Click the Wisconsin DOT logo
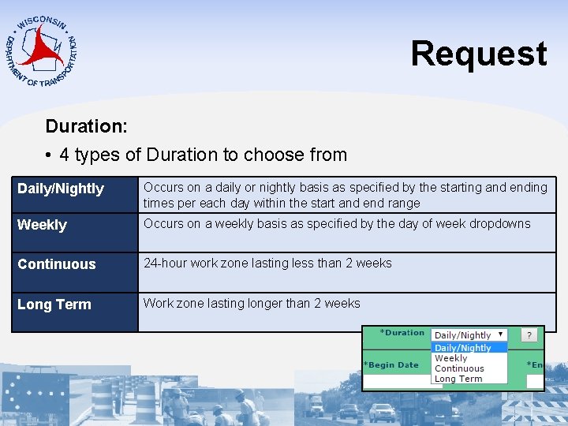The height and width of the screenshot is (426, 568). (41, 49)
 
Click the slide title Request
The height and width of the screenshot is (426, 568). (478, 54)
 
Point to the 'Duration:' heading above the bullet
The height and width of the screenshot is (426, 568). (87, 126)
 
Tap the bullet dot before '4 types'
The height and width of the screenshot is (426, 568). (49, 155)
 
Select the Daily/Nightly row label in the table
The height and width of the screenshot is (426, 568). (61, 189)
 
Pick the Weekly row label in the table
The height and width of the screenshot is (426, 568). (43, 225)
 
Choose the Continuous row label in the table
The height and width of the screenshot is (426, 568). (57, 264)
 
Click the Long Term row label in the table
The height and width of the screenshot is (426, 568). (54, 305)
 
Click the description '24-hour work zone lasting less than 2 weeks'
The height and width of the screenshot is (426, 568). (267, 263)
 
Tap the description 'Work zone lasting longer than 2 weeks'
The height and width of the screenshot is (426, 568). (252, 304)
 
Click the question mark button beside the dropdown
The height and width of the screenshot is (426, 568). (529, 335)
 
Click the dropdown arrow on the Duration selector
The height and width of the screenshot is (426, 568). (500, 334)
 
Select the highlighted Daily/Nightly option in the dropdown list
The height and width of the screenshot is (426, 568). (463, 348)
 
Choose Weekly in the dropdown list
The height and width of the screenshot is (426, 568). (451, 358)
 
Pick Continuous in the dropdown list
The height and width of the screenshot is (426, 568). (459, 368)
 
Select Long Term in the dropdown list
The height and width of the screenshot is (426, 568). (458, 379)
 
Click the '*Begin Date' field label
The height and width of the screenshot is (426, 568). (391, 365)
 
